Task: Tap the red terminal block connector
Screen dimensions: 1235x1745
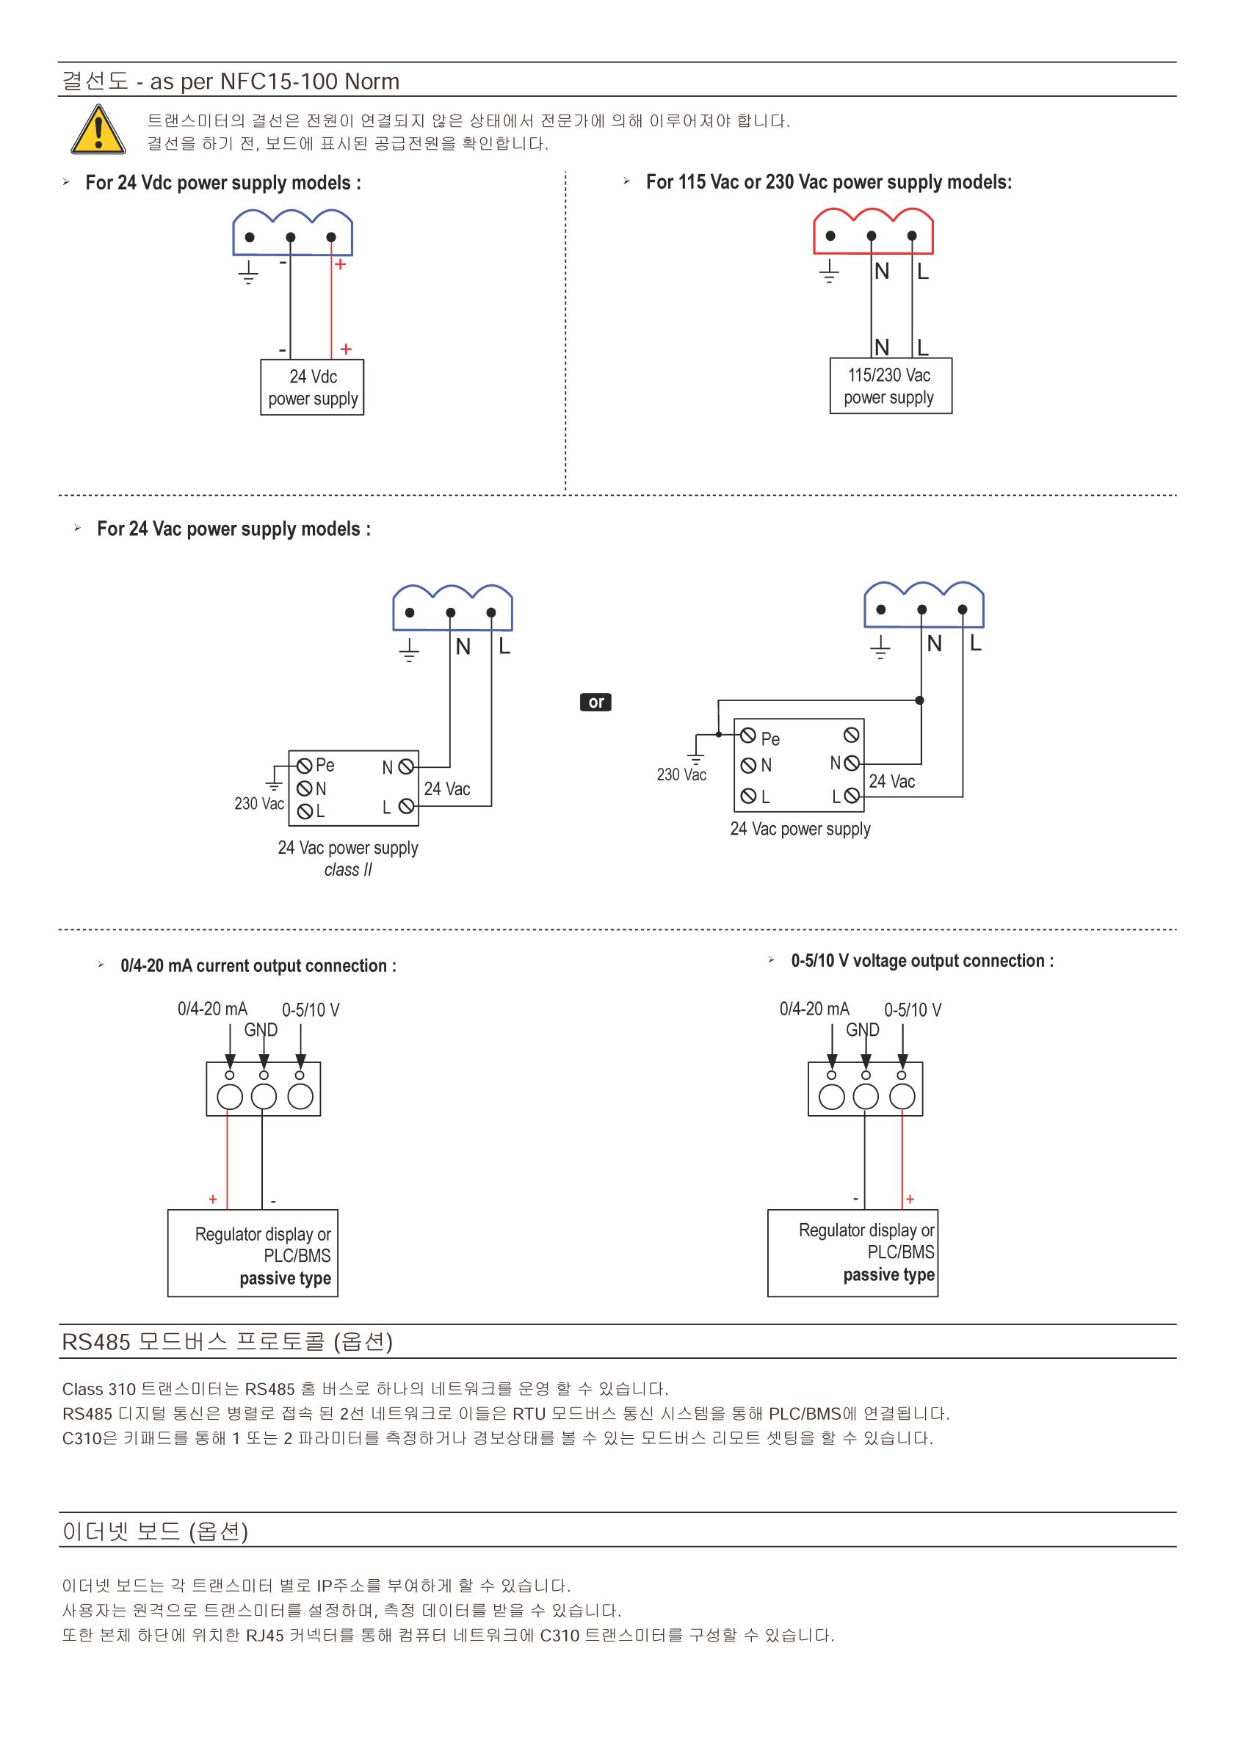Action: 873,231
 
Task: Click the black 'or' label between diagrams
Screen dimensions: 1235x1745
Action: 595,702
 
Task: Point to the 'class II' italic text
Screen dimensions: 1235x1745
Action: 347,870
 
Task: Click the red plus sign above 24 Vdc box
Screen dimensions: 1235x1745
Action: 346,349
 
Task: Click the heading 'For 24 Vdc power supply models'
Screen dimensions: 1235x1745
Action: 222,183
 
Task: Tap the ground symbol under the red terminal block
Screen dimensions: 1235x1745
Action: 829,272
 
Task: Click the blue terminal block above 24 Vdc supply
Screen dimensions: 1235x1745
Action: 292,232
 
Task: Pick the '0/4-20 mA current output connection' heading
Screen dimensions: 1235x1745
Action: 258,965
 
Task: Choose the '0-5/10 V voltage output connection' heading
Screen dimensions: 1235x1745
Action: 922,961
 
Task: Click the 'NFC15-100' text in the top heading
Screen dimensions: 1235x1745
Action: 278,81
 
